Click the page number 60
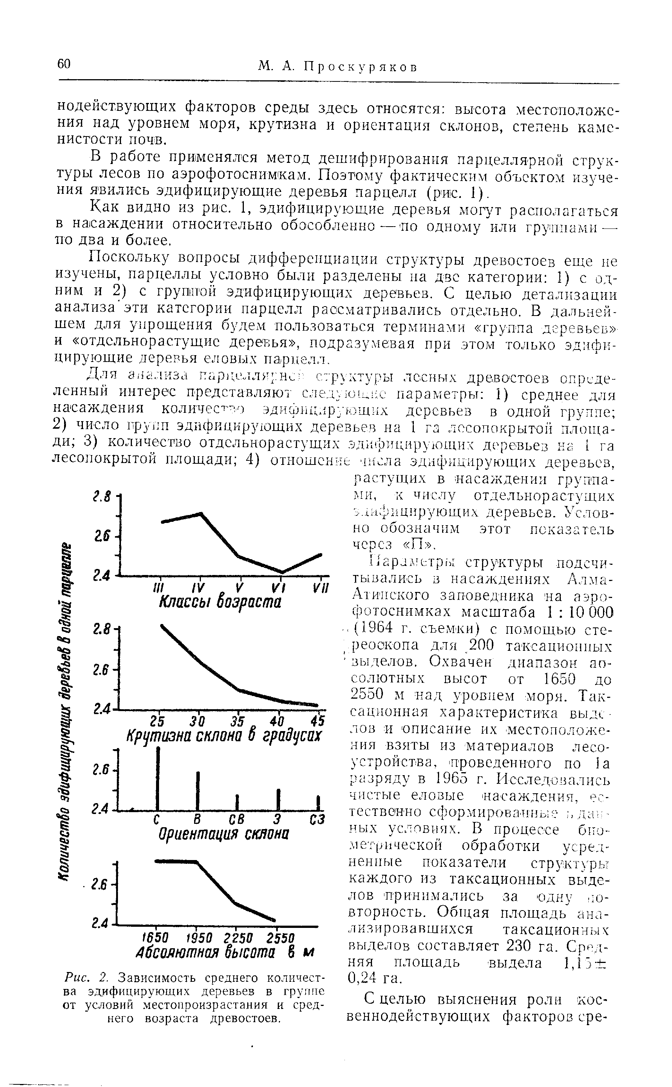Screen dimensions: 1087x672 tap(64, 64)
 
